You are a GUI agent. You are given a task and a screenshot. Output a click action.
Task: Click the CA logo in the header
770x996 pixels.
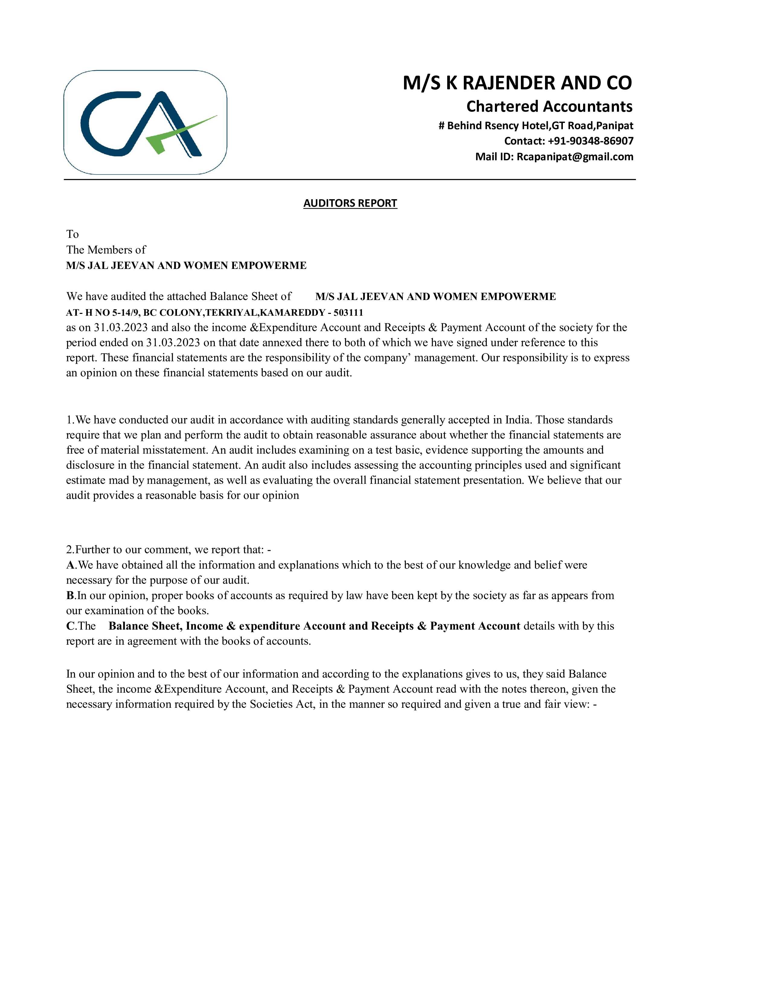click(x=145, y=122)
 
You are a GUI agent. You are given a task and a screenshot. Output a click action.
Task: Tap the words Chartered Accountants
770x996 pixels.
click(x=549, y=106)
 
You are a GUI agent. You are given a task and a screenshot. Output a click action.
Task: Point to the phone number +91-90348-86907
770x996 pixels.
click(x=591, y=141)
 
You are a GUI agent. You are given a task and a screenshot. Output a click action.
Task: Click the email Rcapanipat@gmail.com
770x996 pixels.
click(x=575, y=157)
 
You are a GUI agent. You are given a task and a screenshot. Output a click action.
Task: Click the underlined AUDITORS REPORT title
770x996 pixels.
click(x=350, y=203)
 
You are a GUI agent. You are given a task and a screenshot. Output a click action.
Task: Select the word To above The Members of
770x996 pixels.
click(x=72, y=235)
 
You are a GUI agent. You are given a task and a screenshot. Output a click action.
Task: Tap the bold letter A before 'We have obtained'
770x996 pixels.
click(x=70, y=565)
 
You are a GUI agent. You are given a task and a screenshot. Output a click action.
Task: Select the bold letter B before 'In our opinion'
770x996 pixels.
click(x=70, y=595)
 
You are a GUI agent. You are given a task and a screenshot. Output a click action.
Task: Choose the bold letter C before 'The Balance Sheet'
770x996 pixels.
click(x=70, y=626)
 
